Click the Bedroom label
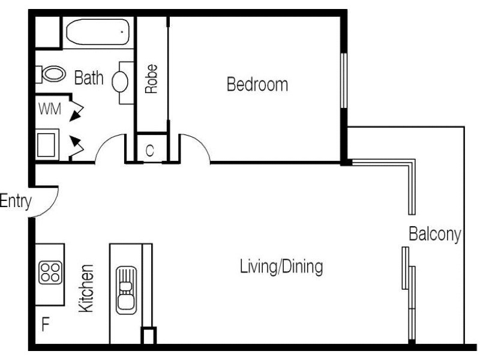coord(257,85)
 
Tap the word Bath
coord(89,78)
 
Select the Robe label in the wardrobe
coord(152,79)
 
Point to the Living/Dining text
coord(281,266)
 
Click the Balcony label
coord(434,234)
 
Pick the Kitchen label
coord(87,288)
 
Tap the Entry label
coord(15,202)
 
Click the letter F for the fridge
coord(45,326)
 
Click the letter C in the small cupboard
coord(149,151)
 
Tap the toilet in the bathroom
coord(52,74)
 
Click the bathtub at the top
coord(98,31)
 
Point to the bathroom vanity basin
coord(120,81)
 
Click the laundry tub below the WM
coord(46,145)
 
